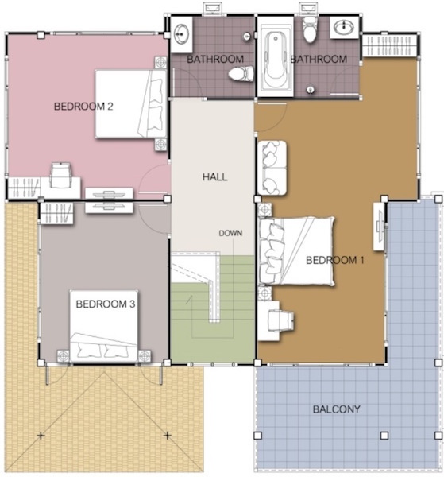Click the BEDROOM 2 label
(83, 107)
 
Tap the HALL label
(215, 176)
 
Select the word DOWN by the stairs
(230, 233)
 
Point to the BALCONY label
(337, 409)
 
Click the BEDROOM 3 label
(106, 304)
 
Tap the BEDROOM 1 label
(335, 260)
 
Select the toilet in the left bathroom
(241, 74)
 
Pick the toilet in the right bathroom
(310, 29)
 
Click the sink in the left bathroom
(181, 33)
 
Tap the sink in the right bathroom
(344, 27)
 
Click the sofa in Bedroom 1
(272, 168)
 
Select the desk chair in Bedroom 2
(61, 175)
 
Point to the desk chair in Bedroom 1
(280, 320)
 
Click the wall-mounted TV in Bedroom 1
(380, 227)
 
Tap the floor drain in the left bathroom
(247, 37)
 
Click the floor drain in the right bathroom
(310, 89)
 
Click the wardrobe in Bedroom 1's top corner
(390, 45)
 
